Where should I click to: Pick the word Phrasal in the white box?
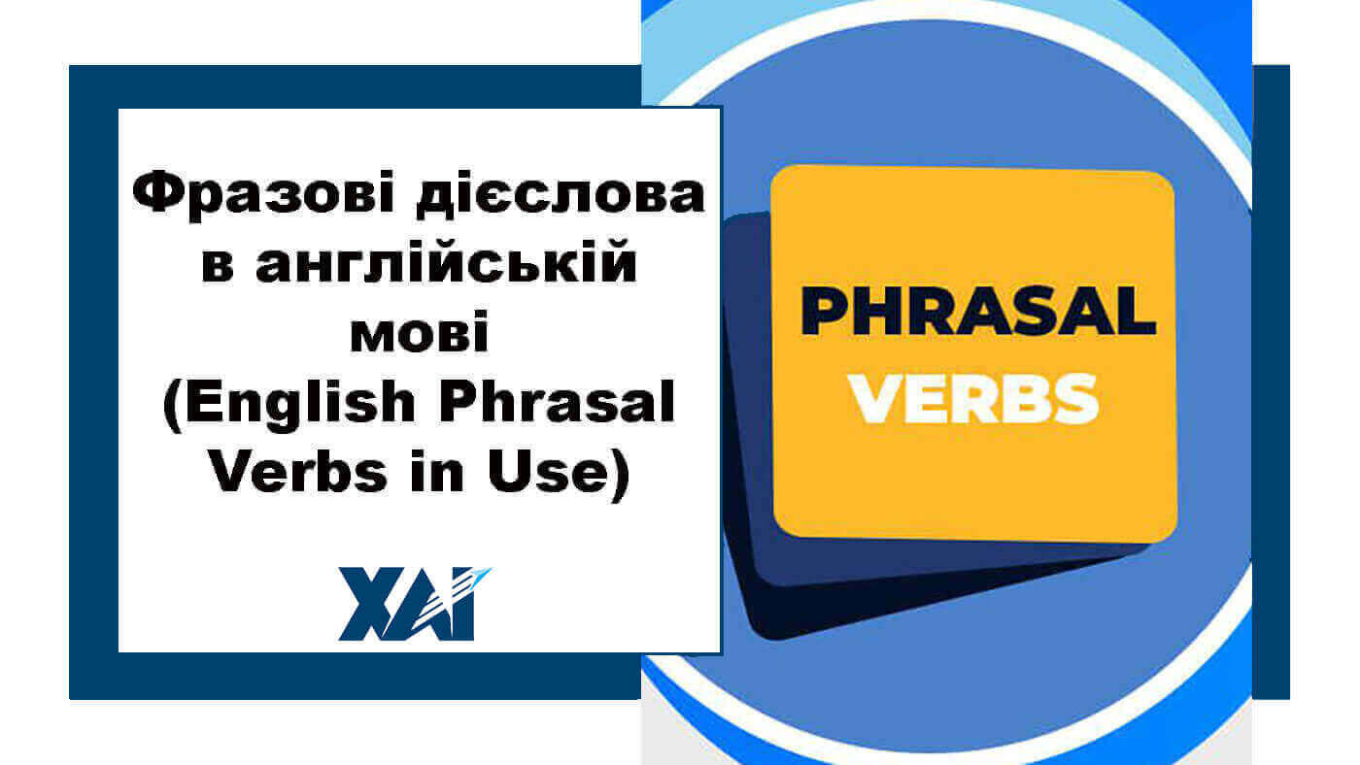[x=557, y=402]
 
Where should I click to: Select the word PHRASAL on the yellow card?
[x=977, y=313]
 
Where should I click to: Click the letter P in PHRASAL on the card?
[x=823, y=313]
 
